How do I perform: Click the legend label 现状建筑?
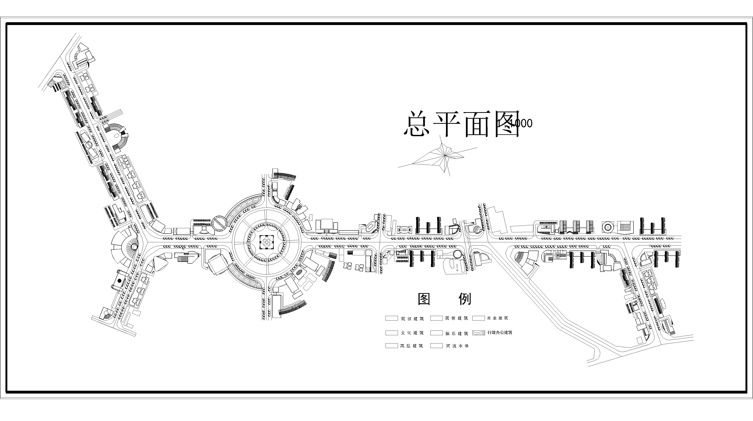click(x=412, y=318)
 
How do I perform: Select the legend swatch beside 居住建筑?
click(x=436, y=318)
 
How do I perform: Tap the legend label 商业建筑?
click(x=498, y=318)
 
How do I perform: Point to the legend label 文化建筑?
click(x=412, y=333)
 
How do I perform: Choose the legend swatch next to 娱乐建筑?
click(x=436, y=333)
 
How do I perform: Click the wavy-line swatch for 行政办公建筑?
click(x=479, y=333)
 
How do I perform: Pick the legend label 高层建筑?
click(x=412, y=346)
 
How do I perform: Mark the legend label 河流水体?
click(x=457, y=346)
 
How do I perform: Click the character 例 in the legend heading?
click(x=465, y=299)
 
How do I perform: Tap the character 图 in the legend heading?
click(x=424, y=299)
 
